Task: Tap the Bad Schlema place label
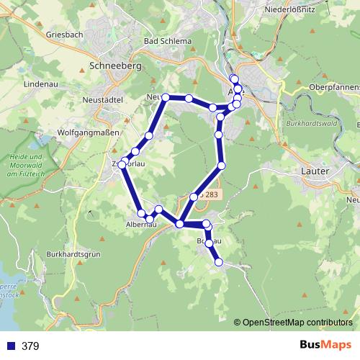pos(168,41)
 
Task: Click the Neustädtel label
pos(104,99)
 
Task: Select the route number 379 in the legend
pos(30,346)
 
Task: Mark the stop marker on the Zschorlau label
pos(122,165)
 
